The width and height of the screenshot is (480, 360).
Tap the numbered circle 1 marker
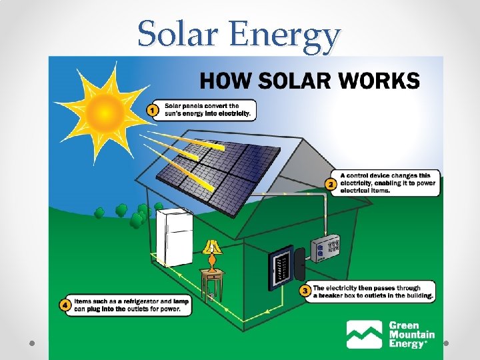[153, 110]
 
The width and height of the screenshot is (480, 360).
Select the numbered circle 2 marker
[330, 184]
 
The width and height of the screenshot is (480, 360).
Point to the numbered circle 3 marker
[304, 291]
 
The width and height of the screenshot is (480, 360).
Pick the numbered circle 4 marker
[65, 305]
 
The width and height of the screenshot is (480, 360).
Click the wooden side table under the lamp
[213, 280]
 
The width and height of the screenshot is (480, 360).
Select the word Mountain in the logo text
[411, 335]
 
